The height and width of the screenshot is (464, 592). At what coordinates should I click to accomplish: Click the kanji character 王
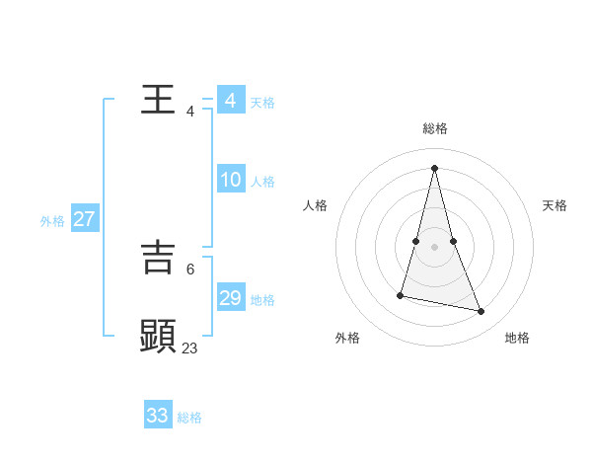(158, 100)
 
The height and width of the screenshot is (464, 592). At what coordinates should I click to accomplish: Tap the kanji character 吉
(158, 257)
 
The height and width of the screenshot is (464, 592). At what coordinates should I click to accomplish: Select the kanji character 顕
(158, 336)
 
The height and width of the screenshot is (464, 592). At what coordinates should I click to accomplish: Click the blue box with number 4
(231, 101)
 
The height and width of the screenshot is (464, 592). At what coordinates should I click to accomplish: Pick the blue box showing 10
(231, 180)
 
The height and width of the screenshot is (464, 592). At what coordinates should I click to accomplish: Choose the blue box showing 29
(231, 298)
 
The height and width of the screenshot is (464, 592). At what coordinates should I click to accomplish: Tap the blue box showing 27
(85, 219)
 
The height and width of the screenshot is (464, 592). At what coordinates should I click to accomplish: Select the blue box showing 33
(158, 416)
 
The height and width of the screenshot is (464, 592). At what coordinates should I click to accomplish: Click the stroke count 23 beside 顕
(190, 348)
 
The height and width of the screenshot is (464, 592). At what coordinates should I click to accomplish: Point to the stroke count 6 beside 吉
(190, 268)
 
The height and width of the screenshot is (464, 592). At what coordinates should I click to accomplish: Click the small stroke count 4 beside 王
(190, 111)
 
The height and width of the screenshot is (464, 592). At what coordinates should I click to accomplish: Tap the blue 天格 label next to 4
(262, 103)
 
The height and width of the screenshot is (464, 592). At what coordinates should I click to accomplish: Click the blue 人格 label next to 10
(262, 182)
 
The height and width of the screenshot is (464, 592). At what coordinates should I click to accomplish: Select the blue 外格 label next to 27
(52, 221)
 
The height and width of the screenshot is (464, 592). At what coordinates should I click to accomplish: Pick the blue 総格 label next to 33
(189, 418)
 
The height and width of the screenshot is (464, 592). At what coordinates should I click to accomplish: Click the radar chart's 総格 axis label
(435, 128)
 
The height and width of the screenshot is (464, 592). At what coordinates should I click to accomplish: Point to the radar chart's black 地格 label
(517, 338)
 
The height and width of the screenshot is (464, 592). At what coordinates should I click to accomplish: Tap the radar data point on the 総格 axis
(435, 167)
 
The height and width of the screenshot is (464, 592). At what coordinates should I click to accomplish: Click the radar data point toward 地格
(481, 312)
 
